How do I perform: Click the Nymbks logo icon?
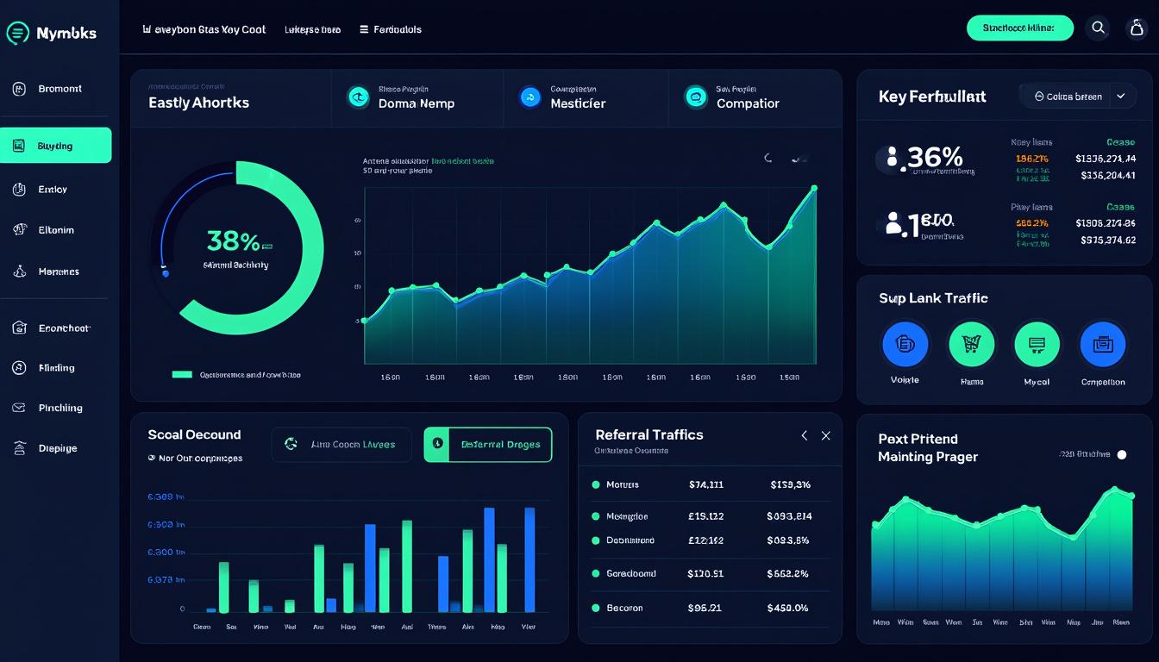(x=18, y=34)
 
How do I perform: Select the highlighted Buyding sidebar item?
(x=56, y=146)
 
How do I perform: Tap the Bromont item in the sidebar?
(x=60, y=89)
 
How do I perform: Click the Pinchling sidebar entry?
(x=60, y=408)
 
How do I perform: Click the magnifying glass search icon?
(x=1098, y=28)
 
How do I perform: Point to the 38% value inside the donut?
(x=233, y=240)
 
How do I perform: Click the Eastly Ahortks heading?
(x=198, y=103)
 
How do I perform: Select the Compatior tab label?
(x=747, y=103)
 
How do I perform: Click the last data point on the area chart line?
(x=814, y=188)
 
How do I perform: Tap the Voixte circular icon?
(x=905, y=345)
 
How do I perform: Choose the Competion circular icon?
(x=1103, y=345)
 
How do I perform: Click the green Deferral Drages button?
(x=488, y=445)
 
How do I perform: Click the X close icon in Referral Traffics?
(x=825, y=436)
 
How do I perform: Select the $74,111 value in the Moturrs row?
(x=706, y=484)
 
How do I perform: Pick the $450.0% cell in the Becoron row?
(x=787, y=608)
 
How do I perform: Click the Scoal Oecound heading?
(x=194, y=435)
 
